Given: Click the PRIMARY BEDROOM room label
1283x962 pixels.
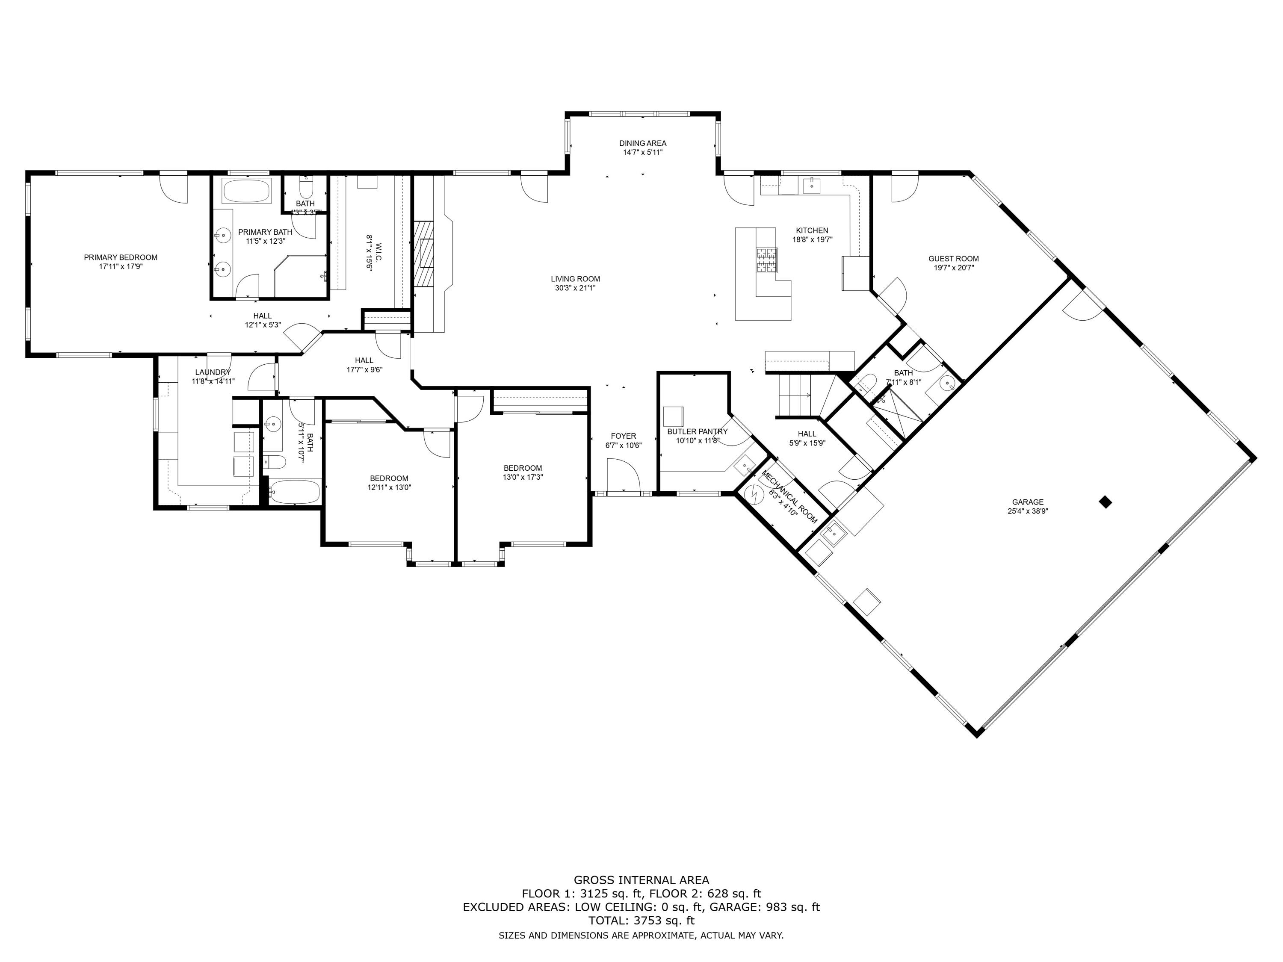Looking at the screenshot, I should click(x=121, y=257).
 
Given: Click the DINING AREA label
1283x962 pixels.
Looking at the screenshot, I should click(x=643, y=143).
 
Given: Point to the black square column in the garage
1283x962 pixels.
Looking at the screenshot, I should click(x=1106, y=502).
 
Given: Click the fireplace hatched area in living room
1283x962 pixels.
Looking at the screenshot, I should click(x=423, y=254).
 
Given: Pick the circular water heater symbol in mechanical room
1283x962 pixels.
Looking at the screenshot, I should click(x=755, y=494).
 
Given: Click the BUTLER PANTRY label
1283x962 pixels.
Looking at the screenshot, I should click(x=697, y=431).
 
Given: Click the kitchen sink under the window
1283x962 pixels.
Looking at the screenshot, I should click(x=811, y=186).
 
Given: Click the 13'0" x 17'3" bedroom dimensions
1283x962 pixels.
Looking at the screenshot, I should click(x=523, y=477).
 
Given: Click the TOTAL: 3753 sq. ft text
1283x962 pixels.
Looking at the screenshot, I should click(x=641, y=920).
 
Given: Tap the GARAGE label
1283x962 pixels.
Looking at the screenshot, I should click(x=1028, y=502).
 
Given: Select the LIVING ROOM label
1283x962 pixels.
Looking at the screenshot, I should click(x=575, y=279).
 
